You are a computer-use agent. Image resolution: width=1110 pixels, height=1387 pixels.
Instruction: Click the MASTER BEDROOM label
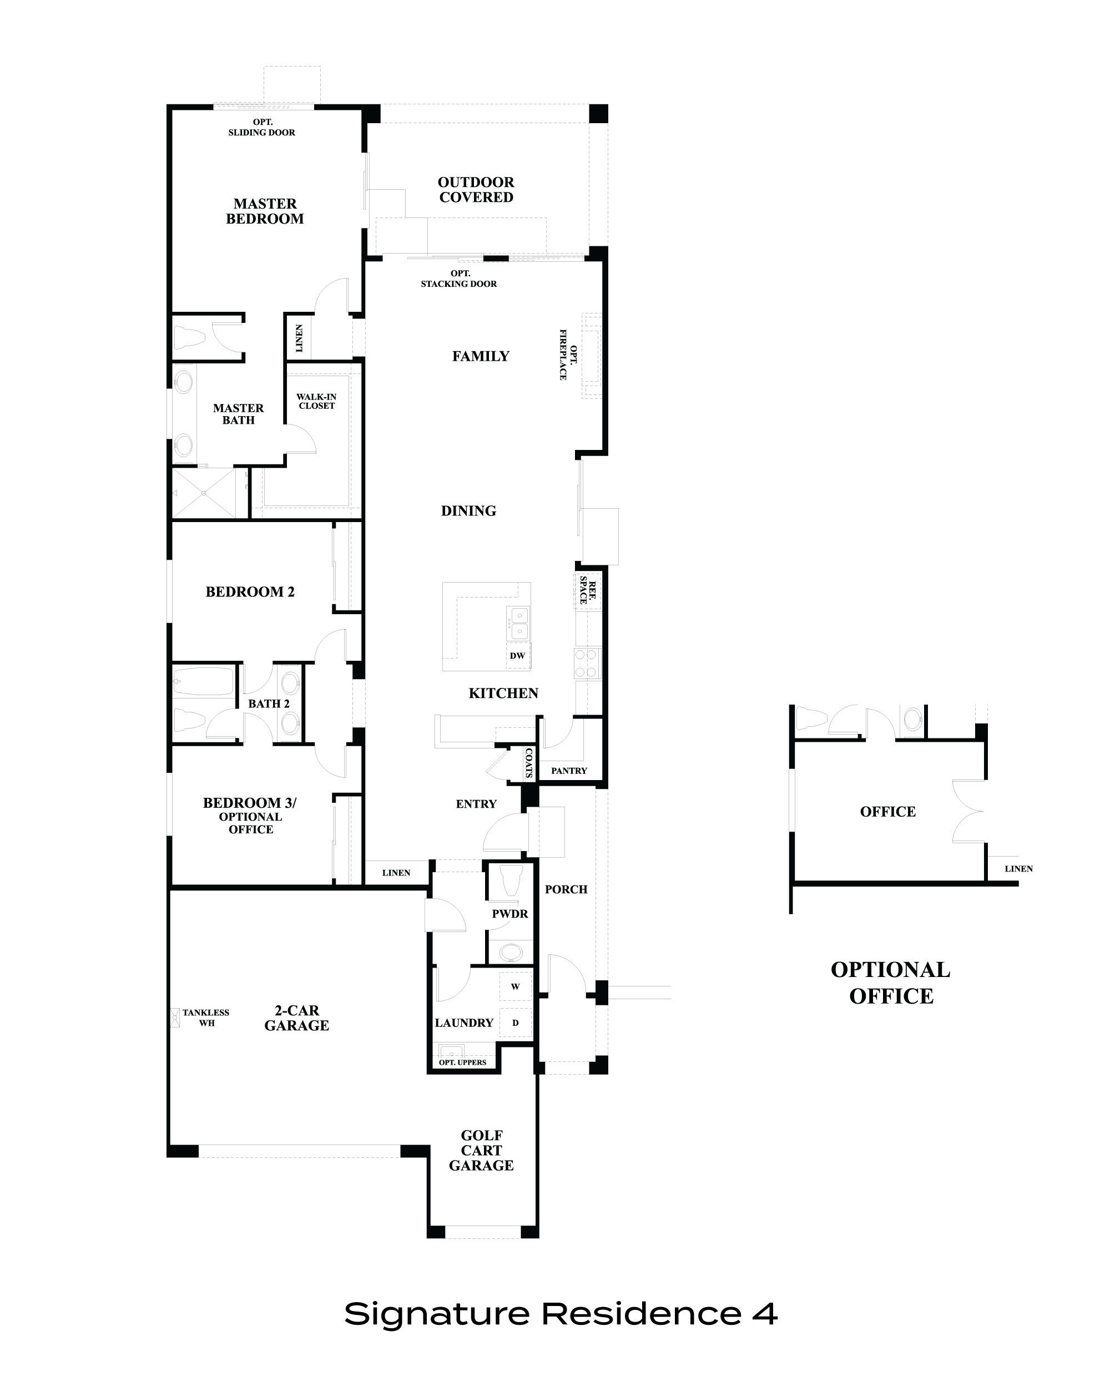(265, 211)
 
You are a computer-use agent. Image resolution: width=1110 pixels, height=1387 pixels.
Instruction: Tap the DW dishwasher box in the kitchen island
(517, 656)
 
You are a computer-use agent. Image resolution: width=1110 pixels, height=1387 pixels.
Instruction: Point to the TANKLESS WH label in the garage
(206, 1017)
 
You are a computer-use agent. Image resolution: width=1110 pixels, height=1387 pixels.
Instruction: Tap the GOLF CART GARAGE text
(481, 1150)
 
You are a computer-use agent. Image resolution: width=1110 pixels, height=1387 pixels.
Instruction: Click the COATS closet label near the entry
(529, 763)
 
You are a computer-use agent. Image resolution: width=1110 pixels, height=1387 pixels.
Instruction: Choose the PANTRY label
(569, 771)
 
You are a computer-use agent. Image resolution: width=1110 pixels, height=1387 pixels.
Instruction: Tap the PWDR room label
(509, 914)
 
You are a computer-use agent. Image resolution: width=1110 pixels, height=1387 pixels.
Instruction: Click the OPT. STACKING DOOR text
(459, 279)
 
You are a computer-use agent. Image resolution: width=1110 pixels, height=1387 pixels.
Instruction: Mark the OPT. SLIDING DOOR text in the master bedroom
(262, 128)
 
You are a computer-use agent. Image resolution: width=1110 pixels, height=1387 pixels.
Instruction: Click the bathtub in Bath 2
(203, 681)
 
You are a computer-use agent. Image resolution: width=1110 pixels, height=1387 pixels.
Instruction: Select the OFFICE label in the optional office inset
(887, 812)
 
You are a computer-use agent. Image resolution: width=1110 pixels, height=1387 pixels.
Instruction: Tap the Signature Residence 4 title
(561, 1313)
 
